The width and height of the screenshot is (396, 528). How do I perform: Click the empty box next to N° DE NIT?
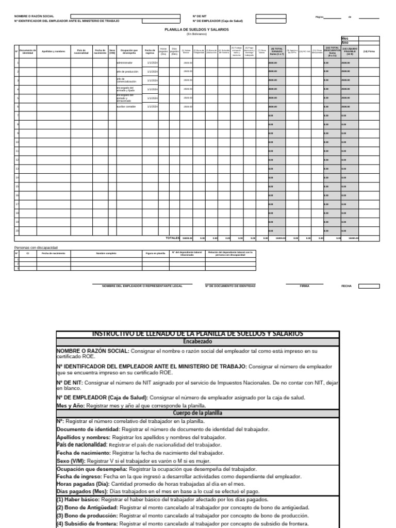271,16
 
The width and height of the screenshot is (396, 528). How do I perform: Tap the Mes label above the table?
345,38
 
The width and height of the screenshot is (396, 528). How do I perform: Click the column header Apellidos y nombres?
54,51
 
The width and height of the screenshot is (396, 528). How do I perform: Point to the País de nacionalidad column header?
81,51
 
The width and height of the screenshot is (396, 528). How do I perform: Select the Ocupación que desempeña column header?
129,51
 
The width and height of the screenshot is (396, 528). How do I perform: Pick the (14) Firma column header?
369,51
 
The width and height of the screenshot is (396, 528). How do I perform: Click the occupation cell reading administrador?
125,62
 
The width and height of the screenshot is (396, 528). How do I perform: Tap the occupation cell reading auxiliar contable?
126,106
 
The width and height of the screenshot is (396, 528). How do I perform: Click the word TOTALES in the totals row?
173,238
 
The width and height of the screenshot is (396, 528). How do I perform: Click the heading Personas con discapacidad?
36,247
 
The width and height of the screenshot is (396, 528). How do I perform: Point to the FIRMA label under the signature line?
304,286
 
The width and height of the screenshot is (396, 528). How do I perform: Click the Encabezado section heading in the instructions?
198,341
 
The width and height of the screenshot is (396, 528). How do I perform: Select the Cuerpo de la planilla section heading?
198,414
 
